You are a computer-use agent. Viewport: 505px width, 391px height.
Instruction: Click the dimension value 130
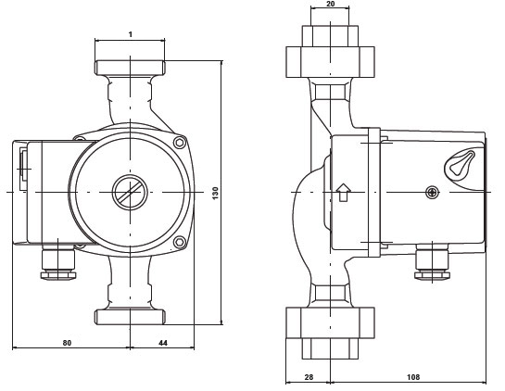click(216, 193)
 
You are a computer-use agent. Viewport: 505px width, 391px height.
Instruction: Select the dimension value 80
click(67, 343)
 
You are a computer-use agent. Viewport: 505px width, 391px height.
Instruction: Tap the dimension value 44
click(163, 343)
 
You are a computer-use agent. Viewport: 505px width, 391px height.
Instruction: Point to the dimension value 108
click(413, 377)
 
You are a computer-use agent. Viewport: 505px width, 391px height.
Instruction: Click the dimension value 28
click(309, 377)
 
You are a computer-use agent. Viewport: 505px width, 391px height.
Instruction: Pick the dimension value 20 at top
click(331, 4)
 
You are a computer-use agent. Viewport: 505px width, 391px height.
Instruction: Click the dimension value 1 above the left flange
click(131, 34)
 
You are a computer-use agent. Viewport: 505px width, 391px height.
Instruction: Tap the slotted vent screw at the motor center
click(130, 193)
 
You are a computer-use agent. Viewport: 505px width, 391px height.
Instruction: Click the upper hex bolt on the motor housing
click(180, 143)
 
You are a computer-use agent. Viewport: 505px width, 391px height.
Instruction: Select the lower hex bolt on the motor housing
click(180, 242)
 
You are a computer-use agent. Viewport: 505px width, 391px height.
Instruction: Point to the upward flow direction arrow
click(344, 193)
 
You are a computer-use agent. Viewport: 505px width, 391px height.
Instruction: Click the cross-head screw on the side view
click(432, 193)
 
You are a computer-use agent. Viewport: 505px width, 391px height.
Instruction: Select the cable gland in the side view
click(432, 262)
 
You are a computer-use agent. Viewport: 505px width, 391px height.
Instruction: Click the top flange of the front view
click(130, 68)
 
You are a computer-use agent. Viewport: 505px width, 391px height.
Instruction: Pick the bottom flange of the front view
click(130, 317)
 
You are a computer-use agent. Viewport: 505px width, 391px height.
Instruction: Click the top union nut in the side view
click(331, 62)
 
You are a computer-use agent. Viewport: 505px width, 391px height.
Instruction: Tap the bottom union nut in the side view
click(331, 322)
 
